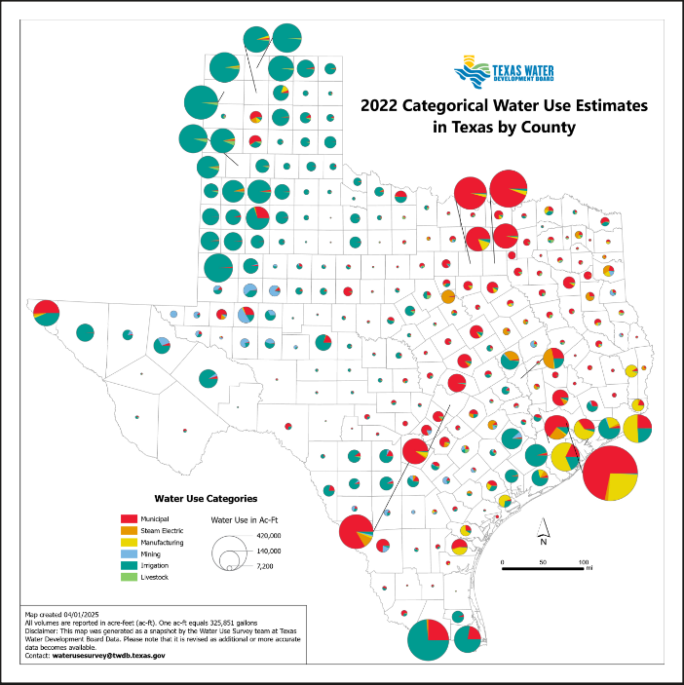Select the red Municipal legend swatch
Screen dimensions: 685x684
[x=129, y=519]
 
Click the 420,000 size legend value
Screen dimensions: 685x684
[x=269, y=536]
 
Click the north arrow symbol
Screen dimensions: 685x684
[x=547, y=532]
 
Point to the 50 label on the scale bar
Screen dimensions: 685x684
[x=543, y=562]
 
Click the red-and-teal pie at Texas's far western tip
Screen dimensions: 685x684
[x=46, y=313]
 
